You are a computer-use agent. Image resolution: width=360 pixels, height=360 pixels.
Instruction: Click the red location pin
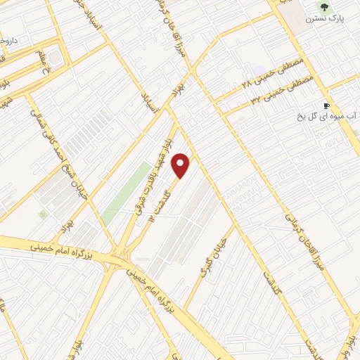[x=181, y=165]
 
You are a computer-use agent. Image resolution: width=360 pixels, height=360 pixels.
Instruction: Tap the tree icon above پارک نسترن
[x=323, y=8]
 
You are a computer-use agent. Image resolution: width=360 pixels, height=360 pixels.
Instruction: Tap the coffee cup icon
[x=326, y=105]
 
